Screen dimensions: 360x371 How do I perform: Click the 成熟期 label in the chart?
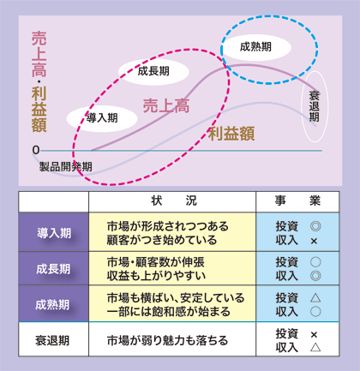pos(255,47)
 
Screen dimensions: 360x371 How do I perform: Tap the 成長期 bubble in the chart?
pos(153,71)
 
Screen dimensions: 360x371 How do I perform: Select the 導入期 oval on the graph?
pos(102,118)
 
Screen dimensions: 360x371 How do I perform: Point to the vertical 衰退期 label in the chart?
pos(315,106)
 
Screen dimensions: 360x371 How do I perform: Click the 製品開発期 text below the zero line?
pos(66,166)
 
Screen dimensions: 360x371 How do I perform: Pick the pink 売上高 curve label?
pos(166,105)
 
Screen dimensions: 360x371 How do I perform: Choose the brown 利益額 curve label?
pos(231,134)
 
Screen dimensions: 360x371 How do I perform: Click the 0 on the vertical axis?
pos(36,150)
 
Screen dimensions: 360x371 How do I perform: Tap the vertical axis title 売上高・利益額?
pos(39,81)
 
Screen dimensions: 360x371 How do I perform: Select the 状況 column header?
pos(174,200)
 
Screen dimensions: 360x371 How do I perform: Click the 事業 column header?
pos(297,200)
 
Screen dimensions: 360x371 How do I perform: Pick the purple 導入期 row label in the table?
pos(54,233)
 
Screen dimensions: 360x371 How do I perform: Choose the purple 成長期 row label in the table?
pos(53,269)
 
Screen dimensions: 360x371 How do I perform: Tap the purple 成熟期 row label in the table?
pos(52,304)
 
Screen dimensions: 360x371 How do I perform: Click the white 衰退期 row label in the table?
pos(52,340)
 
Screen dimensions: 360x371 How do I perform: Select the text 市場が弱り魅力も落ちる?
pos(167,340)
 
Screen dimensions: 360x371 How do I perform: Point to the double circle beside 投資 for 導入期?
pos(315,226)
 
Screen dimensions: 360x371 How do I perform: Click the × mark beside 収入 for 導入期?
pos(314,242)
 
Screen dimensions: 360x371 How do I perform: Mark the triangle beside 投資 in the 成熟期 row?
pos(315,298)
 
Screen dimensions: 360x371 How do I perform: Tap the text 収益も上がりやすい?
pos(156,276)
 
